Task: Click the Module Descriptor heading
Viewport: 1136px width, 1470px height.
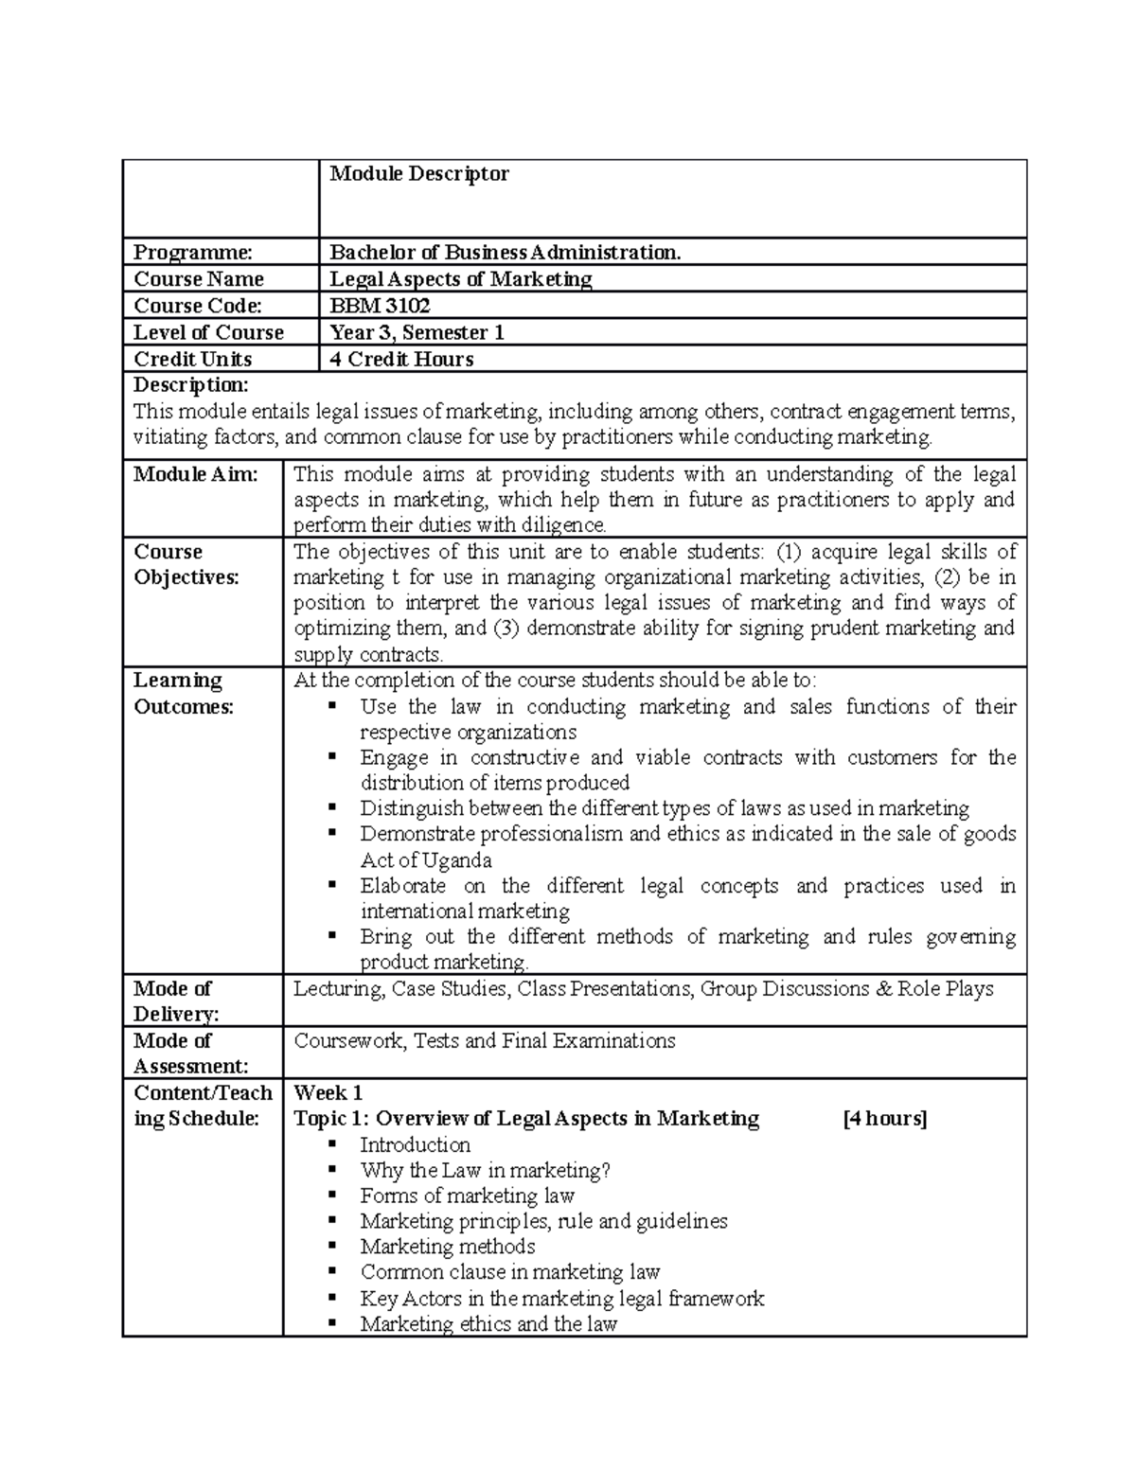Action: pyautogui.click(x=418, y=174)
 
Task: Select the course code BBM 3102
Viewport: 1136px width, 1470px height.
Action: pyautogui.click(x=380, y=306)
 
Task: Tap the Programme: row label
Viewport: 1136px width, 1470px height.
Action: pyautogui.click(x=193, y=253)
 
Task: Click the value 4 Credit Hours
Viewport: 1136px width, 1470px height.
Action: pyautogui.click(x=401, y=360)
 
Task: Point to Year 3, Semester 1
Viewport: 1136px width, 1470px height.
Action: pyautogui.click(x=417, y=333)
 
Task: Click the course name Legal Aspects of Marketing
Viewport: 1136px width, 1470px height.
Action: pyautogui.click(x=460, y=279)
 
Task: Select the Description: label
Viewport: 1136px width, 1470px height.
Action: pyautogui.click(x=191, y=385)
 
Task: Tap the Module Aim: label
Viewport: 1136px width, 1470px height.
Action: pyautogui.click(x=196, y=474)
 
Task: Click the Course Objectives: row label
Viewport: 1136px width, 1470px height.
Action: pyautogui.click(x=186, y=564)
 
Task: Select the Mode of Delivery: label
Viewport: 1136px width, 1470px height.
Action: pyautogui.click(x=176, y=1001)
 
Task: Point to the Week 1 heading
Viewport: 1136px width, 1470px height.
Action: pyautogui.click(x=328, y=1092)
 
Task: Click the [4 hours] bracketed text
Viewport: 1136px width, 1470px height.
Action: pyautogui.click(x=884, y=1119)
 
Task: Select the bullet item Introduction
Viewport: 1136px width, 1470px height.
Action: pyautogui.click(x=415, y=1145)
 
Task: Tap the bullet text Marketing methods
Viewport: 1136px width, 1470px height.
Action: pyautogui.click(x=448, y=1247)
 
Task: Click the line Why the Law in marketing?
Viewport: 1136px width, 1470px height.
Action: pyautogui.click(x=485, y=1171)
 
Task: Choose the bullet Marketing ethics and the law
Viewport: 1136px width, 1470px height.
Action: pyautogui.click(x=488, y=1324)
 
